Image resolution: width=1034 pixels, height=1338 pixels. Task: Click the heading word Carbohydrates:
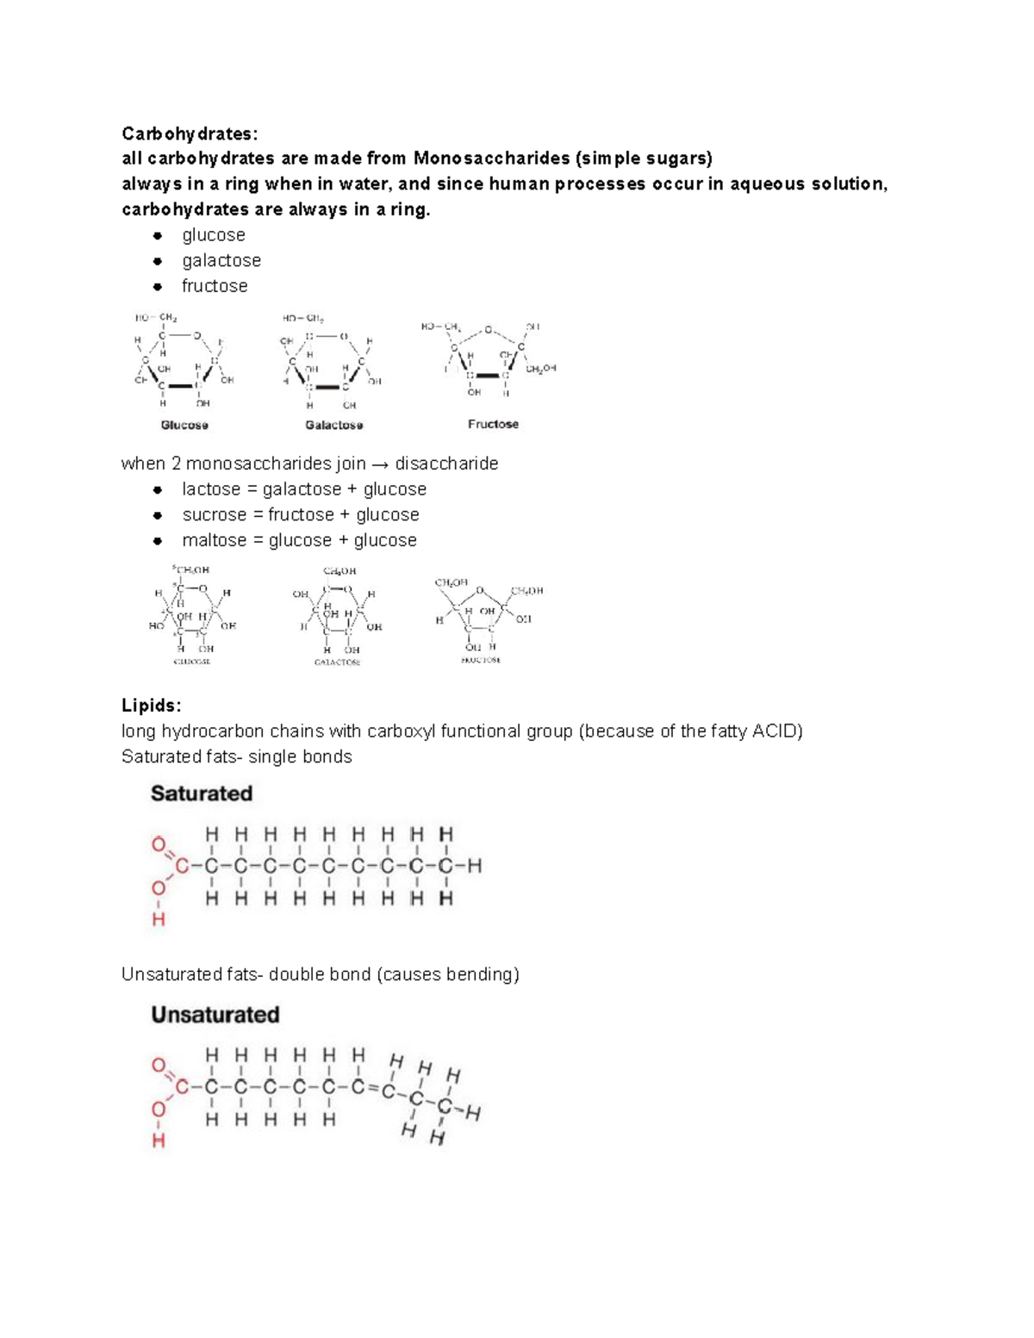point(189,134)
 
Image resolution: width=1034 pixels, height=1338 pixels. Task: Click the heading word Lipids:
point(151,706)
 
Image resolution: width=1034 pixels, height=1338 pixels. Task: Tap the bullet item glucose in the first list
point(214,235)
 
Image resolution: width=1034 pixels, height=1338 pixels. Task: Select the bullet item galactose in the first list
point(221,260)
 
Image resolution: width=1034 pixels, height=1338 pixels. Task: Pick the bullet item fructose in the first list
point(215,286)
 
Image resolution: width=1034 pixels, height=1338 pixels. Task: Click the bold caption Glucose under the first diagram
point(184,425)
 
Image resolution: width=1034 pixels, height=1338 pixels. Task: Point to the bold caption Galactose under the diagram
point(334,425)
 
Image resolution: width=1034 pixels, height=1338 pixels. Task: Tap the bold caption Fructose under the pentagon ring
point(493,424)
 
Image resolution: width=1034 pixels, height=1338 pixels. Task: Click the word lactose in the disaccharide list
point(211,489)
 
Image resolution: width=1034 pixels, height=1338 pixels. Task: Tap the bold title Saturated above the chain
point(202,793)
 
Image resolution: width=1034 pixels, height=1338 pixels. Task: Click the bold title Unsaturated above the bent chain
point(215,1015)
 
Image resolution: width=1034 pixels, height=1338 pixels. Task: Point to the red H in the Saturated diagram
point(159,920)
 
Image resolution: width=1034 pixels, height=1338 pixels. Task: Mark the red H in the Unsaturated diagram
point(159,1142)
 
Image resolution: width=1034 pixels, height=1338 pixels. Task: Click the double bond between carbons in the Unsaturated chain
point(371,1088)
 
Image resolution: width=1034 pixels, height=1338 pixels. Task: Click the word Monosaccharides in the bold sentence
point(491,159)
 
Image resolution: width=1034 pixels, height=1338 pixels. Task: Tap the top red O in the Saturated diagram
point(159,845)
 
